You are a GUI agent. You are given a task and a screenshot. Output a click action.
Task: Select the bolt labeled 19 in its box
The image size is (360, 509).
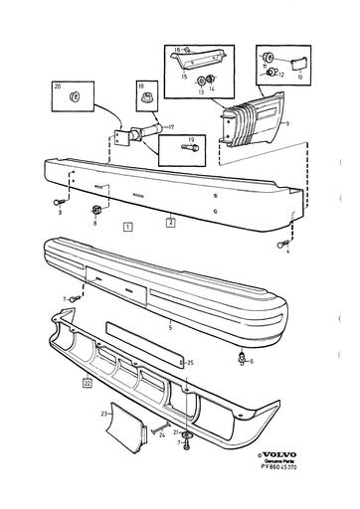(x=187, y=151)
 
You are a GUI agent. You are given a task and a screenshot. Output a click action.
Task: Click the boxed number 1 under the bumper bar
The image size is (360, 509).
(x=127, y=227)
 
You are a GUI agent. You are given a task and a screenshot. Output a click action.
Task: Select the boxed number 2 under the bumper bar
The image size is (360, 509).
(x=170, y=223)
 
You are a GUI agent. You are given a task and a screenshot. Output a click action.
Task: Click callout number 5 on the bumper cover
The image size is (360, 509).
(x=170, y=325)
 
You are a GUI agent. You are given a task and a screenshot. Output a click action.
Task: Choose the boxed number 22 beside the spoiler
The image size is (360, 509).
(x=88, y=381)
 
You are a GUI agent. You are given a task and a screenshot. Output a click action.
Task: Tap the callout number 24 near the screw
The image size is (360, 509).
(x=163, y=434)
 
